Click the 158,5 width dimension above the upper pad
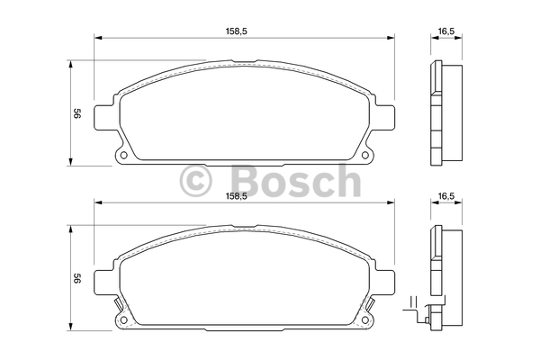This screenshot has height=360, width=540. point(236,31)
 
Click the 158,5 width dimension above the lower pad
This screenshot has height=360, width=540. point(236,196)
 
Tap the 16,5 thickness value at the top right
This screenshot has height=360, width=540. point(446,31)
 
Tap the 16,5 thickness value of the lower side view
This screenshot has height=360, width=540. point(446,196)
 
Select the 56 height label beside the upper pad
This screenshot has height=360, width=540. point(77,113)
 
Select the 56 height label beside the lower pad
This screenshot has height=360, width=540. point(77,279)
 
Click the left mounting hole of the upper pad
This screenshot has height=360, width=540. point(124,155)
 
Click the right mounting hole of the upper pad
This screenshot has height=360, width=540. point(364,155)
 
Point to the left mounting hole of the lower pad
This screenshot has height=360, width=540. point(124,319)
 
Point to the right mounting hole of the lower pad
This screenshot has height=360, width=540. point(364,319)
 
